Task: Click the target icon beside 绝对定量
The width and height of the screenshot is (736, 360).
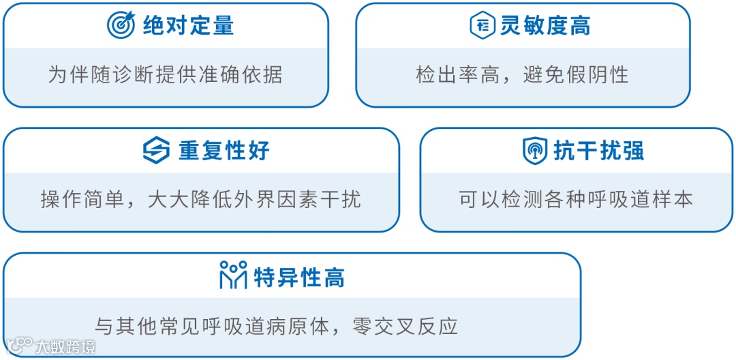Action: (121, 25)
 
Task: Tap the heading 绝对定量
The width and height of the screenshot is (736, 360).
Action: (189, 26)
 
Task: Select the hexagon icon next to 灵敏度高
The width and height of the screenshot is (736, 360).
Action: (482, 25)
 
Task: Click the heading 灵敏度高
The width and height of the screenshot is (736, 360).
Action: (545, 26)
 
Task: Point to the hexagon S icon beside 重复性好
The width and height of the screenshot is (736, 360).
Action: (156, 150)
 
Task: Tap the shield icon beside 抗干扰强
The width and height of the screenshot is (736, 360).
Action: (535, 150)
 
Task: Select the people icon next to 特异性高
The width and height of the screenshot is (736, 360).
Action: (233, 275)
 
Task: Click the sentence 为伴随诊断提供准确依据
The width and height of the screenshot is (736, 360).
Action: (165, 74)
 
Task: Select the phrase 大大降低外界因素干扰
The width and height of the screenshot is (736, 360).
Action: (254, 199)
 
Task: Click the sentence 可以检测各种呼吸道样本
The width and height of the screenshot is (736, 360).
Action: (576, 199)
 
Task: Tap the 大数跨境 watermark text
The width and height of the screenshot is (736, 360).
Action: (66, 346)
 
